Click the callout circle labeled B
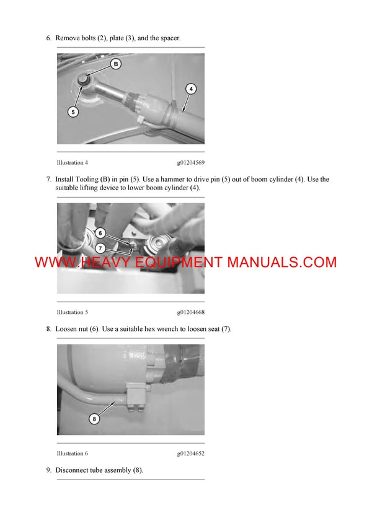116,64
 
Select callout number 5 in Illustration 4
73,112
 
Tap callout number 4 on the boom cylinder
191,89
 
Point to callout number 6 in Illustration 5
100,234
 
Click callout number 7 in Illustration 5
100,247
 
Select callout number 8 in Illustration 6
94,419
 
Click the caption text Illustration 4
72,163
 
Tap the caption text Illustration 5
72,312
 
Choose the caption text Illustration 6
72,454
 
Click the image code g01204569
190,163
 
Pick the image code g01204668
190,312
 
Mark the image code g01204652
190,454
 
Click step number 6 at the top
48,38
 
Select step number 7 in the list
48,180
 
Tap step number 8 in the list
48,329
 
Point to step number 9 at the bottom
48,470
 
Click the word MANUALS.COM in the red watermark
281,262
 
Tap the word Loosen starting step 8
66,329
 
